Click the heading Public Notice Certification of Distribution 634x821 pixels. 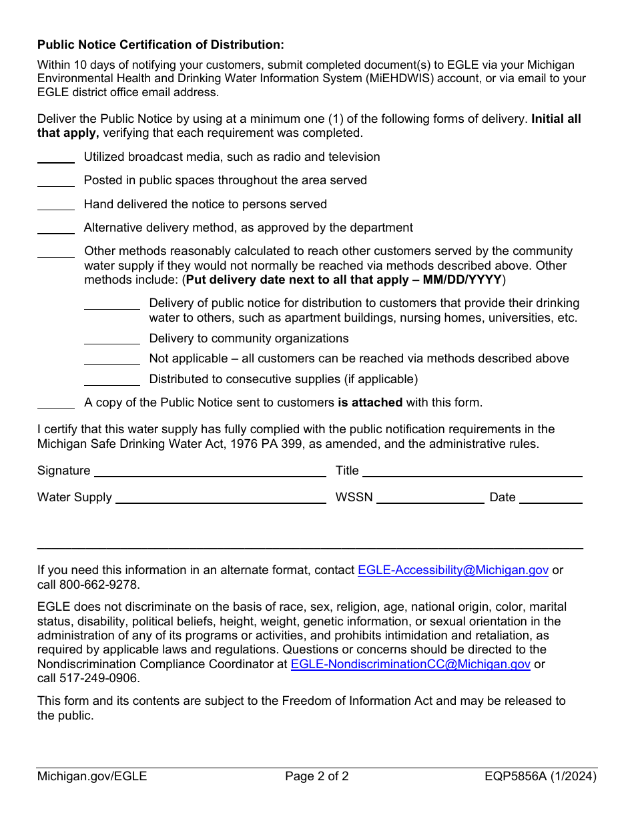(160, 45)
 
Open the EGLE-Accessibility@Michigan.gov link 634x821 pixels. (453, 571)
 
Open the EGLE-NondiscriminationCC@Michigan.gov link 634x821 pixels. (410, 665)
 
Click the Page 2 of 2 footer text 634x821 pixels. (316, 776)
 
